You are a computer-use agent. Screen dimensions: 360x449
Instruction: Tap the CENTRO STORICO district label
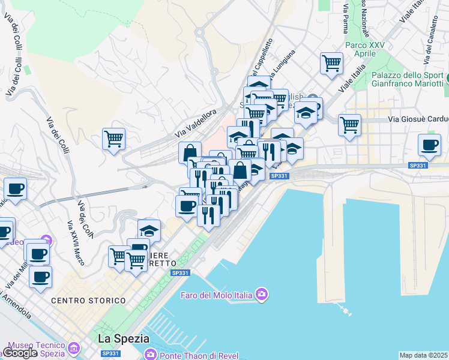pos(88,300)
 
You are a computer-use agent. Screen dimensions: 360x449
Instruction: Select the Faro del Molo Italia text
pos(216,295)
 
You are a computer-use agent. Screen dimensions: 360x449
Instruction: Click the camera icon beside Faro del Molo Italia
pos(261,294)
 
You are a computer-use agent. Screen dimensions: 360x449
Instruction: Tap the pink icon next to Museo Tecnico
pos(74,348)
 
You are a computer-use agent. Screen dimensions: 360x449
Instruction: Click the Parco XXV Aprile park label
pos(365,49)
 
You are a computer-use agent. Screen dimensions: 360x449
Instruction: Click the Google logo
pos(19,353)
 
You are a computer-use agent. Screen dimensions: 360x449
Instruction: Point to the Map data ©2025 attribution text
pos(424,355)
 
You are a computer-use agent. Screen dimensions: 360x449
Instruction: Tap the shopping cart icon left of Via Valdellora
pos(113,139)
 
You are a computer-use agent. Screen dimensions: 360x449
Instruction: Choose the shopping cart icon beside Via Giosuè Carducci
pos(349,125)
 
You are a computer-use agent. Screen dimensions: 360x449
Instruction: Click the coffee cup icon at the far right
pos(430,145)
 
